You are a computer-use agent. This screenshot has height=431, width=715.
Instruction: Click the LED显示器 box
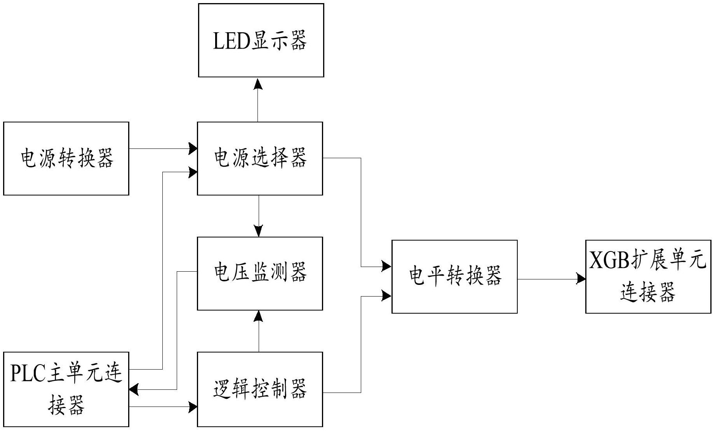click(x=261, y=40)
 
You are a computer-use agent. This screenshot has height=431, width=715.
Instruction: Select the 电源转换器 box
click(x=66, y=159)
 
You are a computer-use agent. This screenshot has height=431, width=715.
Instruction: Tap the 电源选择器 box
click(x=260, y=159)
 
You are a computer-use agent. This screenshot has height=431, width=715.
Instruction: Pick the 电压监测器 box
click(x=260, y=273)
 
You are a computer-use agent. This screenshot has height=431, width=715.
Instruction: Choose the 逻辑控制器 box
click(x=260, y=389)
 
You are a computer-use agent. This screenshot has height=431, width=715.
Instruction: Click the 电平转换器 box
click(x=454, y=276)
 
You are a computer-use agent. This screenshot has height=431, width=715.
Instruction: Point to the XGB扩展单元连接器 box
click(x=648, y=276)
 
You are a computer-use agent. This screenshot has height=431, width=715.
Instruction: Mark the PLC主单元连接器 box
click(x=66, y=389)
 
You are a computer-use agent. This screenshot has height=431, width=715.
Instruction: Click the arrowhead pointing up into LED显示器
click(x=258, y=84)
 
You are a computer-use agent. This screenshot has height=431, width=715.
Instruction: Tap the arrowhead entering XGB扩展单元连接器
click(x=581, y=279)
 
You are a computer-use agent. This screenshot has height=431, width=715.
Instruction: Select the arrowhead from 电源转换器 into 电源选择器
click(x=193, y=148)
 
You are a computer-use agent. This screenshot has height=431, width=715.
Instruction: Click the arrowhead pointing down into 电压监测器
click(x=258, y=231)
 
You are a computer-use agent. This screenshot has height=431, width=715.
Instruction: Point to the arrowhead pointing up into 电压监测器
click(x=258, y=316)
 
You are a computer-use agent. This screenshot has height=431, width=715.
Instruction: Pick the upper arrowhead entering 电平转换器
click(x=387, y=266)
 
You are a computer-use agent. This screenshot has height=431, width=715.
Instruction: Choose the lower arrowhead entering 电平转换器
click(x=387, y=296)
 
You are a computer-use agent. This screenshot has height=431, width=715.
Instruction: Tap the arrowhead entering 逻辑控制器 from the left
click(x=193, y=407)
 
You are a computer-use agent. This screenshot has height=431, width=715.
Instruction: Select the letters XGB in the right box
click(x=609, y=260)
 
